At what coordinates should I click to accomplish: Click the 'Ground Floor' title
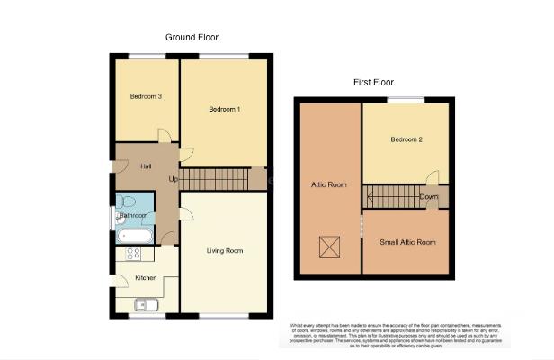pyautogui.click(x=192, y=38)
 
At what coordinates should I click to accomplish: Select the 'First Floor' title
pyautogui.click(x=374, y=83)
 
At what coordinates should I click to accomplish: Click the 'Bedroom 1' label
pyautogui.click(x=225, y=110)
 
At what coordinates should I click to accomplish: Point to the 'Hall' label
pyautogui.click(x=146, y=166)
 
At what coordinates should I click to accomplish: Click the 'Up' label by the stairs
pyautogui.click(x=173, y=178)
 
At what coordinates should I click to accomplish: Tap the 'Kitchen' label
pyautogui.click(x=146, y=278)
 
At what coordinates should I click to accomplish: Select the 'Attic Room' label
pyautogui.click(x=328, y=185)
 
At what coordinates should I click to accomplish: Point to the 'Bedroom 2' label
pyautogui.click(x=407, y=139)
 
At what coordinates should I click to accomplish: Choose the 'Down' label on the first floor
pyautogui.click(x=429, y=197)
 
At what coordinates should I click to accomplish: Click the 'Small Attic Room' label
pyautogui.click(x=407, y=242)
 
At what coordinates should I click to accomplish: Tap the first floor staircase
pyautogui.click(x=391, y=197)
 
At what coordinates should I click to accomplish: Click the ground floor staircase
pyautogui.click(x=216, y=179)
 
